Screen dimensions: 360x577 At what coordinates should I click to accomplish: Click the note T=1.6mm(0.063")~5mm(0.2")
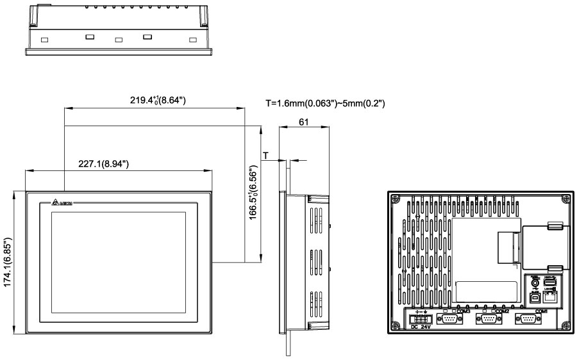click(325, 102)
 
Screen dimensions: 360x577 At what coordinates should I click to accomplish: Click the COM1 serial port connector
click(529, 321)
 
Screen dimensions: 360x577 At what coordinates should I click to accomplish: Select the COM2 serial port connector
click(488, 321)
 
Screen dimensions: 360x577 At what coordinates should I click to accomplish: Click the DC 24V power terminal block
click(417, 318)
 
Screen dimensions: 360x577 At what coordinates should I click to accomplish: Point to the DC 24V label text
click(419, 328)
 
